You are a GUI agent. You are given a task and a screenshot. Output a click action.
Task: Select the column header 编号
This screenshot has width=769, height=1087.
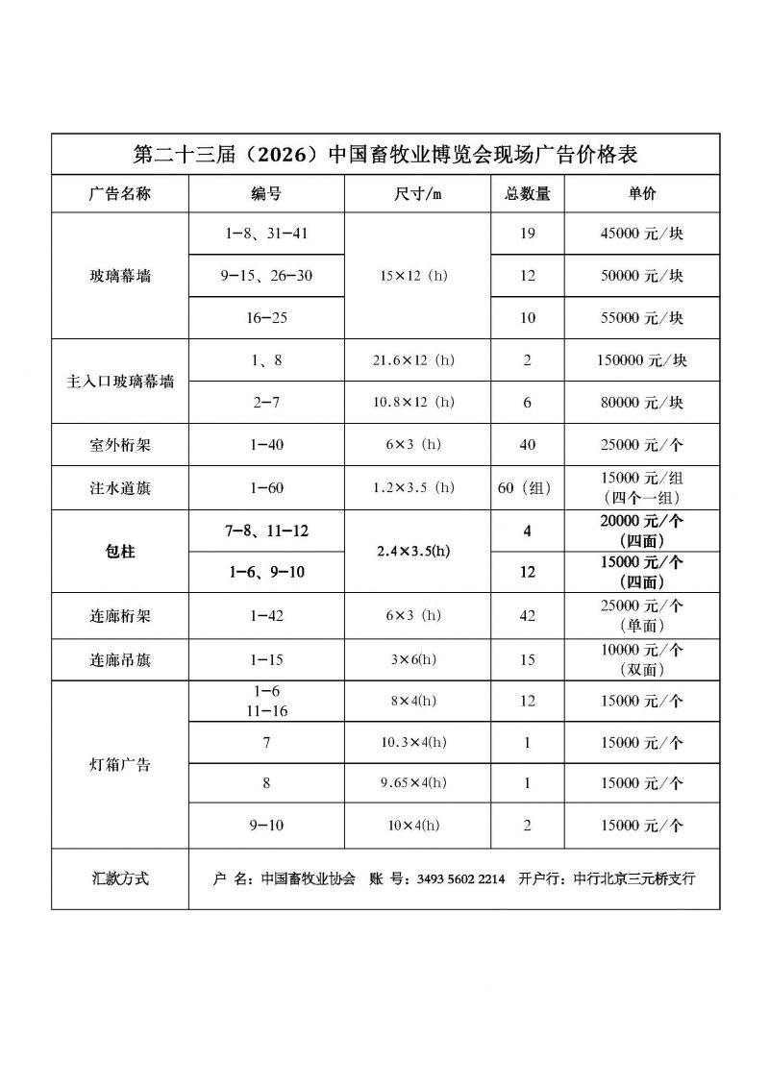click(x=266, y=193)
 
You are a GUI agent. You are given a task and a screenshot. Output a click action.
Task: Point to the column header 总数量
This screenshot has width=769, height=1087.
click(x=528, y=193)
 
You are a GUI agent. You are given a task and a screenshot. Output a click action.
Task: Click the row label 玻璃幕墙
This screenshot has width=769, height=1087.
click(x=119, y=276)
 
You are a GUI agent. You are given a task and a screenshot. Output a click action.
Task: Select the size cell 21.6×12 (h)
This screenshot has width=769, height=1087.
click(x=414, y=360)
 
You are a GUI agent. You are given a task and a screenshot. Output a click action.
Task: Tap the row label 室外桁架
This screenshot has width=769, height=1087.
click(x=119, y=445)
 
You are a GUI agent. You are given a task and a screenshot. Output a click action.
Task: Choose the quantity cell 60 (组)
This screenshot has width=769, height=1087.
click(x=528, y=487)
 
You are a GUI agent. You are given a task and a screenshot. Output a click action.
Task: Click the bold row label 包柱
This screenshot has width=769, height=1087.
click(x=119, y=552)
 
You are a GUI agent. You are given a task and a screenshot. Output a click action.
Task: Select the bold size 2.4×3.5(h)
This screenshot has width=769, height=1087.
click(x=414, y=552)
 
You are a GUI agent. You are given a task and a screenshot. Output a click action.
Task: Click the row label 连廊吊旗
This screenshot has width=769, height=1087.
click(x=119, y=660)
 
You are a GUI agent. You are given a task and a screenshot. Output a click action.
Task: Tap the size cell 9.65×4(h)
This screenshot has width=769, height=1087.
click(x=414, y=783)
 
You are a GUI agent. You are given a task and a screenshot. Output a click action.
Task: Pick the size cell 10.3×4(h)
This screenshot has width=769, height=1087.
click(x=414, y=742)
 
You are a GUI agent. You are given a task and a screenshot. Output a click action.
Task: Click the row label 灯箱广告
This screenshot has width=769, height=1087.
click(x=119, y=765)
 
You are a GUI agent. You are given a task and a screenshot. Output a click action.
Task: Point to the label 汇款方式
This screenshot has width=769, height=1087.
click(x=119, y=878)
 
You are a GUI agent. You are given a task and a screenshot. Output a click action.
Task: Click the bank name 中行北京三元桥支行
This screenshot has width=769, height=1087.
click(x=633, y=878)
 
